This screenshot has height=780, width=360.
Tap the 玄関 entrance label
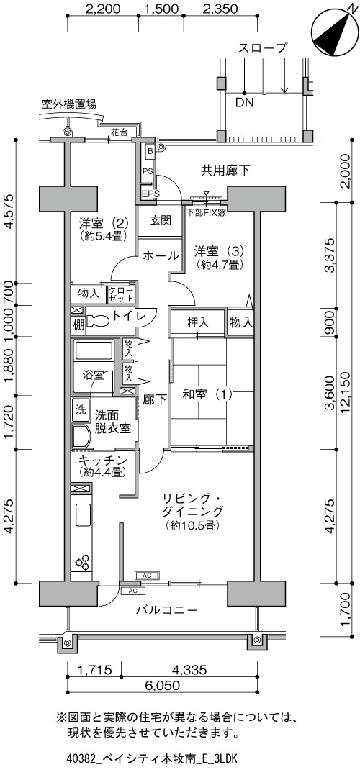click(160, 220)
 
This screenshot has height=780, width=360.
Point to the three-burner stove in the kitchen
click(81, 562)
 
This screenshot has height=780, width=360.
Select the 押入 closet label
click(198, 322)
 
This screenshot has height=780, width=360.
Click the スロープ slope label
click(263, 48)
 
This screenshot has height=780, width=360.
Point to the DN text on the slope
click(245, 104)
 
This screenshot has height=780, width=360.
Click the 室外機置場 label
click(69, 104)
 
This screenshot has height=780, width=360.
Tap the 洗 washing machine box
click(80, 410)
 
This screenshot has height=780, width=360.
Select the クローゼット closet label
click(121, 294)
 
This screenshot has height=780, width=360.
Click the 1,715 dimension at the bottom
click(95, 670)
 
